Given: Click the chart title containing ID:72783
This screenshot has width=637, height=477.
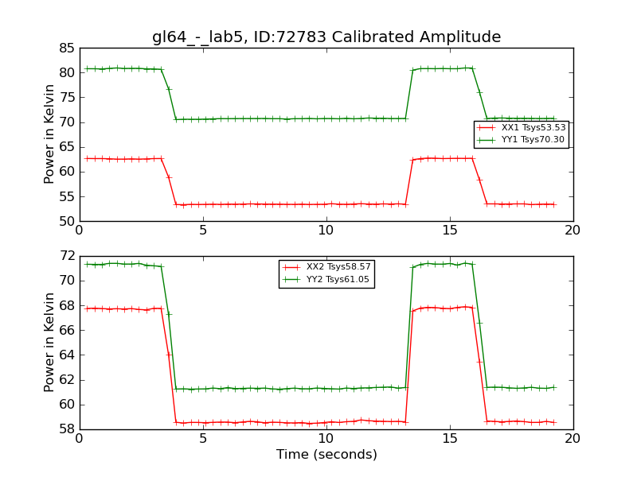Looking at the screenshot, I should [326, 37].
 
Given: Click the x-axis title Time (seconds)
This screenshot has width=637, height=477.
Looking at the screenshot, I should [326, 455].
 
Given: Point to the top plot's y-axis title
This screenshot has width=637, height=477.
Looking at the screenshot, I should [50, 134].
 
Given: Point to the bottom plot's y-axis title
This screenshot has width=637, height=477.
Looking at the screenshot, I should [50, 342].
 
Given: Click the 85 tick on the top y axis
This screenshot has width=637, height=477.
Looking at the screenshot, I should [67, 48].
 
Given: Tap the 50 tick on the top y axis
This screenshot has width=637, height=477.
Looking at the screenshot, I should [67, 221].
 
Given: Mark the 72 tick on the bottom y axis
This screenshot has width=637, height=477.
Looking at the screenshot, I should [67, 256].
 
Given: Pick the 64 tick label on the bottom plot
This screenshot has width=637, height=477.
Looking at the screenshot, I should [67, 355].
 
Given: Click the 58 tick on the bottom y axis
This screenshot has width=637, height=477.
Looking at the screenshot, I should [67, 429].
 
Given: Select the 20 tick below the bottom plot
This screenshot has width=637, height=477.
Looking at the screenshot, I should [573, 438].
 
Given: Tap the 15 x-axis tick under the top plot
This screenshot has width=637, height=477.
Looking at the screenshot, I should [450, 230].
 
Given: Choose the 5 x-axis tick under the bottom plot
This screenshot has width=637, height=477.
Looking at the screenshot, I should [203, 438].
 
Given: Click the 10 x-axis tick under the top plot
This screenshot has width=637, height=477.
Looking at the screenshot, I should [326, 230].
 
